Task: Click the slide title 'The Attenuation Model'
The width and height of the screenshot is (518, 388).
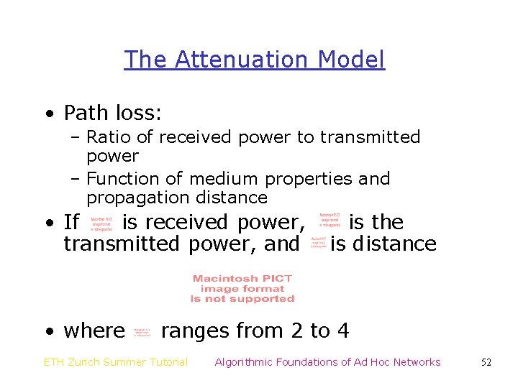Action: (x=254, y=59)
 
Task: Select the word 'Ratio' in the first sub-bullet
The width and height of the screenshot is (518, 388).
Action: (x=106, y=137)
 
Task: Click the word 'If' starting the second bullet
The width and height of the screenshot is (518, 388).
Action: (x=71, y=223)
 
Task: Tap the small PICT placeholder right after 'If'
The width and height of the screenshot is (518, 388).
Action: (x=101, y=223)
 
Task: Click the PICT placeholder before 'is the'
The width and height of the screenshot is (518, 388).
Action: (x=330, y=220)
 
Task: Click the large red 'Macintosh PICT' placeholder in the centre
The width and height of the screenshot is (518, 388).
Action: (x=242, y=288)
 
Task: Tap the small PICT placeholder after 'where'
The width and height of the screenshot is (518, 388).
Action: (x=142, y=331)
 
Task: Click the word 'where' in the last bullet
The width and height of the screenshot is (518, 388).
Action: (x=94, y=331)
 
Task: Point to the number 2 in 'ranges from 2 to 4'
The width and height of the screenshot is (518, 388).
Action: (x=296, y=331)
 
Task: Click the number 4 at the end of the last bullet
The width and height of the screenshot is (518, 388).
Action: (x=343, y=331)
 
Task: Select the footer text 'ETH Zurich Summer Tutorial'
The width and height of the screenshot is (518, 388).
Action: (x=116, y=362)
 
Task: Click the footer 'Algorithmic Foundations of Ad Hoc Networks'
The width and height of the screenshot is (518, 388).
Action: (x=327, y=362)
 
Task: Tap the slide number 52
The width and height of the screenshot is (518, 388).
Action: (x=486, y=362)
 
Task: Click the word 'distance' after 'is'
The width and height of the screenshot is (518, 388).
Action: (x=394, y=244)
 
